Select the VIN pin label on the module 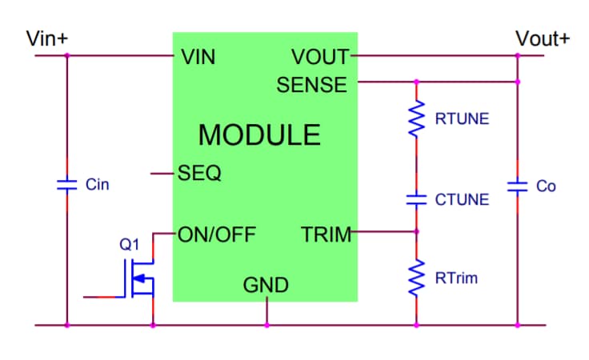pos(198,57)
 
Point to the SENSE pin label pos(312,84)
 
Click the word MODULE pos(259,134)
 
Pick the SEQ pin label pos(201,173)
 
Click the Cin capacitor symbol pos(66,185)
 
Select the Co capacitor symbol pos(518,186)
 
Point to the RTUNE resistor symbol pos(416,119)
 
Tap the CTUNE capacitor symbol pos(416,199)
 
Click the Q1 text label pos(129,245)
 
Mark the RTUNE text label pos(462,119)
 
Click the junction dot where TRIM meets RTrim pos(416,233)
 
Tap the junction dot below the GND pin pos(266,325)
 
